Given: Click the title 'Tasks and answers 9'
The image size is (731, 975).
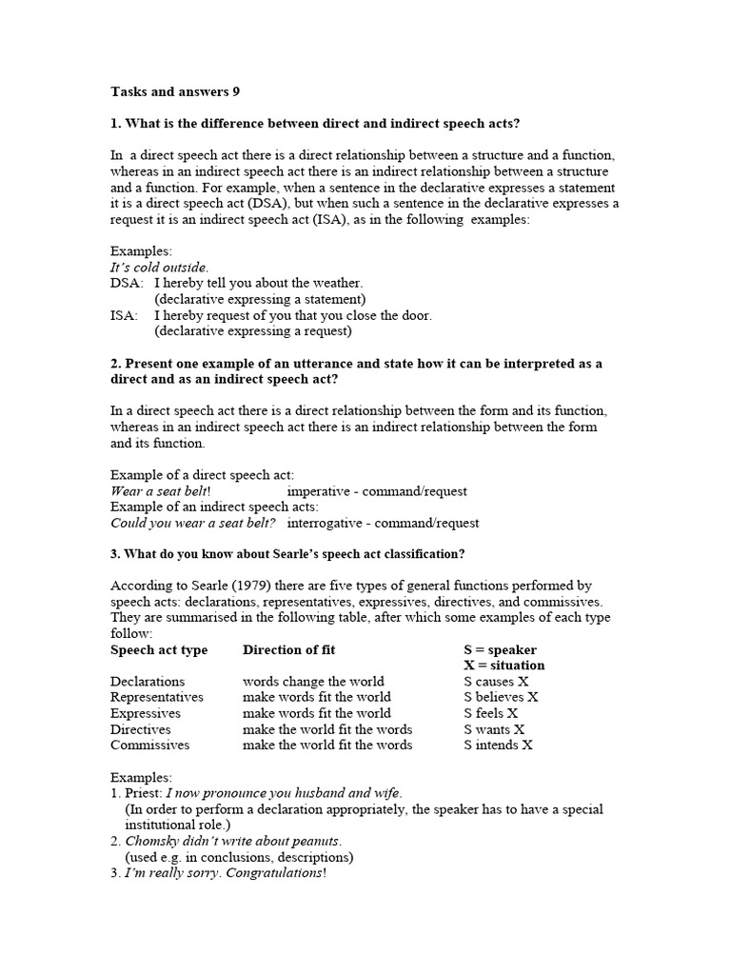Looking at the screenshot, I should (175, 92).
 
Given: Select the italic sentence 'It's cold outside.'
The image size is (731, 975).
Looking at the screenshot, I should (159, 268).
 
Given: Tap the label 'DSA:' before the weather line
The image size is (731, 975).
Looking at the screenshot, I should (127, 283).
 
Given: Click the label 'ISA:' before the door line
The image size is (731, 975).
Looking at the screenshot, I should (125, 315).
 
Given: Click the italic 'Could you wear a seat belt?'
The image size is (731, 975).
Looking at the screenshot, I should (193, 523).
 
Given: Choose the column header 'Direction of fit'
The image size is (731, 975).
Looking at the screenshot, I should (288, 650).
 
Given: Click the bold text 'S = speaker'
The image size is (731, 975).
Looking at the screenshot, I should (500, 650).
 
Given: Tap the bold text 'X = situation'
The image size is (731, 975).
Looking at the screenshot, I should (504, 666).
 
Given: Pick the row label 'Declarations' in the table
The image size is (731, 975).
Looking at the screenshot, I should (148, 682).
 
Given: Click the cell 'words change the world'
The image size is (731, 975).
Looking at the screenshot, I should (313, 682).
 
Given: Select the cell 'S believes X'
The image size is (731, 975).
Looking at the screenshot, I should (501, 697).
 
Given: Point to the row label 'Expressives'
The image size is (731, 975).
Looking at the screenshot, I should (145, 713).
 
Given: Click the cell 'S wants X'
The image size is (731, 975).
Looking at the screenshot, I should (494, 729).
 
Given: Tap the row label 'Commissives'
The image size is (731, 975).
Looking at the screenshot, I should (149, 745).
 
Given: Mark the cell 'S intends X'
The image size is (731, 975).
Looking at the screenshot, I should (498, 745).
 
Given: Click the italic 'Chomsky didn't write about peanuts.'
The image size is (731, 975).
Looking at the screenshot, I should (233, 841).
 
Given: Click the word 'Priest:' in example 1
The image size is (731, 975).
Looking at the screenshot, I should (144, 793).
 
